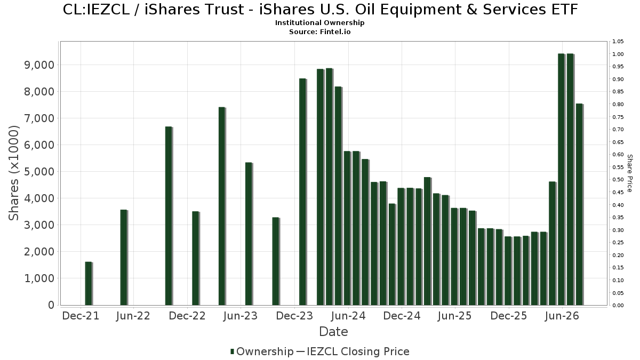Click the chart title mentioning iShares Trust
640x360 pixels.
[320, 10]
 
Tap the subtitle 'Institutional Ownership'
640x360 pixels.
[319, 23]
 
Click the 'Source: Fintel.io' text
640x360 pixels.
[319, 31]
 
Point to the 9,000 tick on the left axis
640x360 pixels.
[39, 65]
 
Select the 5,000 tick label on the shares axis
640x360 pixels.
[39, 172]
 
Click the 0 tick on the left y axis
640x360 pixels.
[51, 305]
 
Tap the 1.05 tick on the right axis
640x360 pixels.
[618, 42]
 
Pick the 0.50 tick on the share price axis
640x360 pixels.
[618, 180]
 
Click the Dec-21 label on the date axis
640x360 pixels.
[81, 316]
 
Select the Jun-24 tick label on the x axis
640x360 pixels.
[348, 316]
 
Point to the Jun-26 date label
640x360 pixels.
[562, 316]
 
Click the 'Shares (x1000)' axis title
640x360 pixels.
[14, 173]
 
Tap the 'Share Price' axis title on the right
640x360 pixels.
[629, 173]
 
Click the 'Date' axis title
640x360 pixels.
[333, 332]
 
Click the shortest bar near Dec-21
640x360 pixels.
[89, 283]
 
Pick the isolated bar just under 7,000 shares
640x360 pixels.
[169, 215]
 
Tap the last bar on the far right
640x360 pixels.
[580, 204]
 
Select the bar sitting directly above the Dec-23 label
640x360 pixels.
[303, 191]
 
